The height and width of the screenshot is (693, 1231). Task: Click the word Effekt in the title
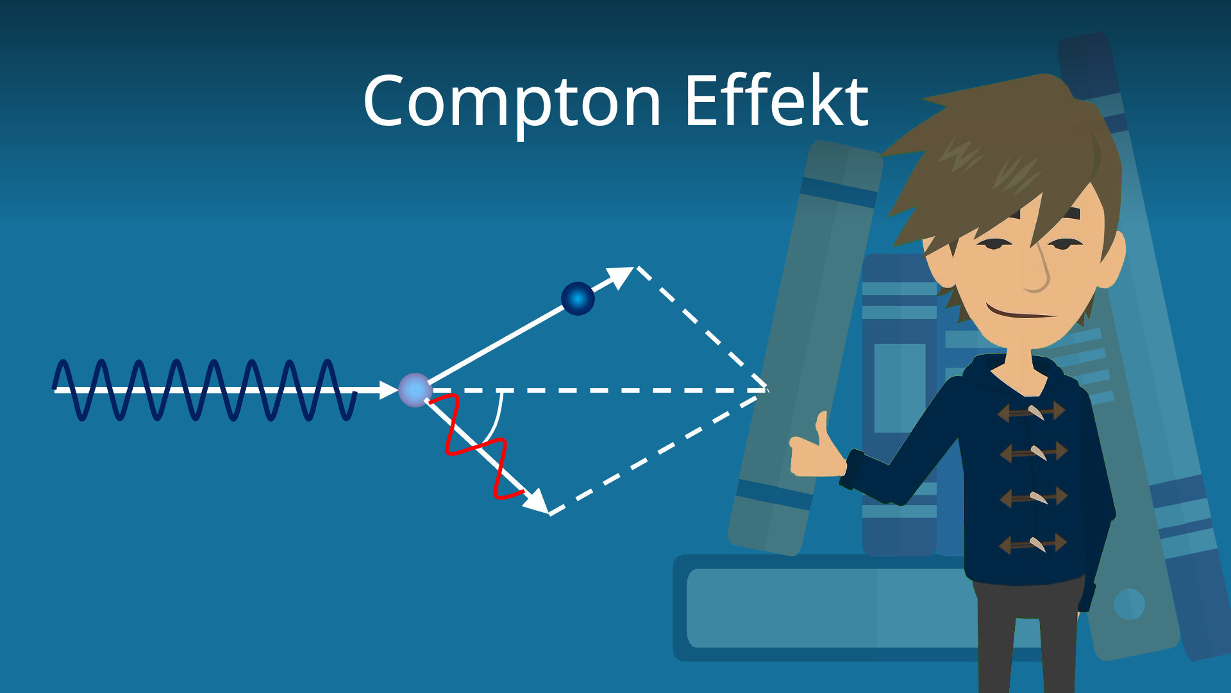coord(776,101)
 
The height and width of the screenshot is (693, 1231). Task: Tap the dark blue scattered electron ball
coord(578,298)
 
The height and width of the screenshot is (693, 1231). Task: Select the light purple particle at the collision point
coord(415,389)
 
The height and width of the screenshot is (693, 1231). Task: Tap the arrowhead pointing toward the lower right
coord(537,502)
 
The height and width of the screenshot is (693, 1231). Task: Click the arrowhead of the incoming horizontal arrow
coord(389,389)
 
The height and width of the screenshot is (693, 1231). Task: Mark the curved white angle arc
coord(496,420)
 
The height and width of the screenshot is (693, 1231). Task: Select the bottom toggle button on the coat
coord(1033,544)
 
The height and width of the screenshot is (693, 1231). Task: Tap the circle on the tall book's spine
coord(1129,604)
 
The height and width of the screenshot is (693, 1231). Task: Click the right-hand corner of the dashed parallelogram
coord(767,389)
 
